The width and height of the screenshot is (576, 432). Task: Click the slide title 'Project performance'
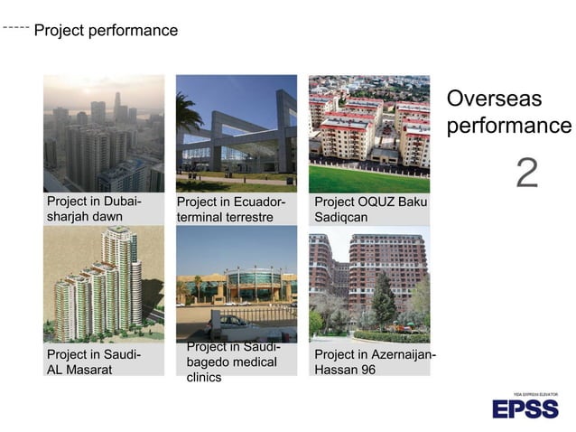(106, 31)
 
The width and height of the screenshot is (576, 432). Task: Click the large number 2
(526, 173)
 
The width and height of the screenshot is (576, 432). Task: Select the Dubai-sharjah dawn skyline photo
(104, 133)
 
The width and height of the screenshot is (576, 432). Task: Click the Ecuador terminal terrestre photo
(237, 133)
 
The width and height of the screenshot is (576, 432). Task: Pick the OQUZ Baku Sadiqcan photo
(369, 133)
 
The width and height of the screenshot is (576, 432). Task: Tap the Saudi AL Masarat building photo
(104, 284)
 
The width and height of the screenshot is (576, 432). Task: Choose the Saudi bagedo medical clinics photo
(237, 284)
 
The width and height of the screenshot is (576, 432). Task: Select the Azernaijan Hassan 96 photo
(369, 284)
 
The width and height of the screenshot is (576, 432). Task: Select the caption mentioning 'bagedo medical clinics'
(232, 362)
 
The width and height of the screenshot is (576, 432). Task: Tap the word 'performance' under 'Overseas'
(508, 126)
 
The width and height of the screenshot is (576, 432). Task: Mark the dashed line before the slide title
(15, 28)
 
